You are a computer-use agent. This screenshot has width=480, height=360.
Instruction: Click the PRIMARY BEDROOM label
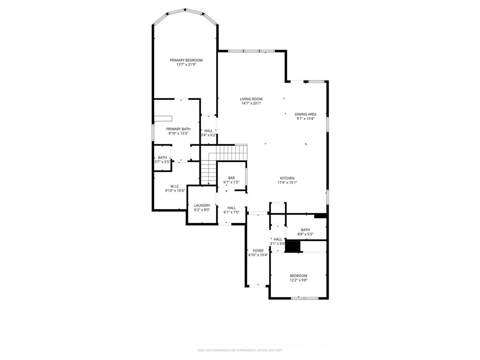click(x=186, y=60)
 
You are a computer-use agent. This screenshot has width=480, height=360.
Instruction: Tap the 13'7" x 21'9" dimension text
click(x=186, y=65)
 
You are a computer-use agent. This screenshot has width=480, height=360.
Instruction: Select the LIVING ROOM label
click(x=251, y=99)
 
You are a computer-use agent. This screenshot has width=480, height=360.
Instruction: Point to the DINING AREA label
click(x=305, y=114)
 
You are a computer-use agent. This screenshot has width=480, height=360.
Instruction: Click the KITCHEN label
click(x=287, y=178)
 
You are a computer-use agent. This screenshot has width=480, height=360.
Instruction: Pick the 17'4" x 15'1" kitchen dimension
click(x=287, y=183)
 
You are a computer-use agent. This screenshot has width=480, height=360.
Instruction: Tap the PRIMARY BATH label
click(x=178, y=129)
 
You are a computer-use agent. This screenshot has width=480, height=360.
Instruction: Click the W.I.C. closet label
click(x=175, y=186)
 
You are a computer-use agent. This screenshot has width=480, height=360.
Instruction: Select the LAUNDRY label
click(x=202, y=205)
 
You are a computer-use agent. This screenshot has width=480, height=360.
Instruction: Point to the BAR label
click(x=231, y=178)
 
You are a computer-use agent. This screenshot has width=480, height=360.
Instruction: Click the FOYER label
click(x=258, y=251)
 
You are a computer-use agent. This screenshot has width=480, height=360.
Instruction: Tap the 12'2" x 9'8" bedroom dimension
click(x=299, y=280)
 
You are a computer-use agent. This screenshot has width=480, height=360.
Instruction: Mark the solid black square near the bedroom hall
click(x=292, y=247)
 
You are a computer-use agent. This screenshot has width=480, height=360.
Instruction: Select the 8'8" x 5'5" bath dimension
click(x=305, y=234)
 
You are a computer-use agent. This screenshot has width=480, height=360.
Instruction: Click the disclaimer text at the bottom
click(x=240, y=350)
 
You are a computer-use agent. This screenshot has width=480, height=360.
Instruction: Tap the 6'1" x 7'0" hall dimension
click(x=231, y=212)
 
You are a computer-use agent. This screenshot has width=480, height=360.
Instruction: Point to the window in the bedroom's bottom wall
click(x=298, y=298)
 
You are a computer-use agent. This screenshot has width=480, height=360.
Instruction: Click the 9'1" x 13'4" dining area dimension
click(x=305, y=119)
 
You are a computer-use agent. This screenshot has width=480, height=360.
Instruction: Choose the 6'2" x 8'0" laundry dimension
click(x=202, y=210)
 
